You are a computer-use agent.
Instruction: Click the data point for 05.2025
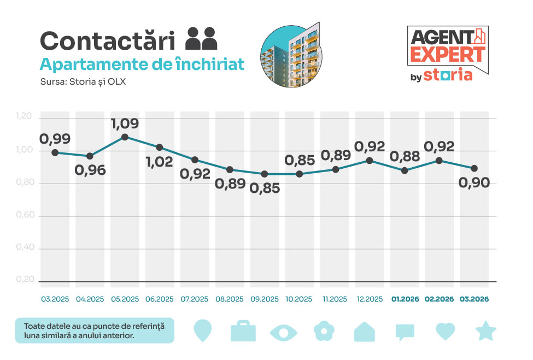coord(125,137)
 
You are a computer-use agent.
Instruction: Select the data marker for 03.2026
coord(474,168)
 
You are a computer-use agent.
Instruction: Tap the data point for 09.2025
coord(265,174)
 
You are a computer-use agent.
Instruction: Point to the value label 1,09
coord(125,123)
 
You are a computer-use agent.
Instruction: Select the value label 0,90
coord(474,183)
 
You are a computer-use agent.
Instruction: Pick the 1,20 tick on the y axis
coord(25,116)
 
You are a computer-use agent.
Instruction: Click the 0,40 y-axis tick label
coord(25,247)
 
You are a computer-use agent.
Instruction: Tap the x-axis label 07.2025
coord(194,299)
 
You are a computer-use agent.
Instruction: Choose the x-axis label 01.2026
coord(405,299)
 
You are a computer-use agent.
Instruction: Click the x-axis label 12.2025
coord(369,299)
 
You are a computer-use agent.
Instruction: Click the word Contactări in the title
coord(108,41)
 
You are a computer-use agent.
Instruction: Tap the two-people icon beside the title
coord(201,39)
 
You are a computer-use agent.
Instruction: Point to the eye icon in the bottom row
coord(284,332)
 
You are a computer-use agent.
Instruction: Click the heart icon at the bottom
coord(445,331)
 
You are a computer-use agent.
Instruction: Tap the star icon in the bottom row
coord(485,331)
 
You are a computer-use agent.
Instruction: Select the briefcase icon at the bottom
coord(243,331)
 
